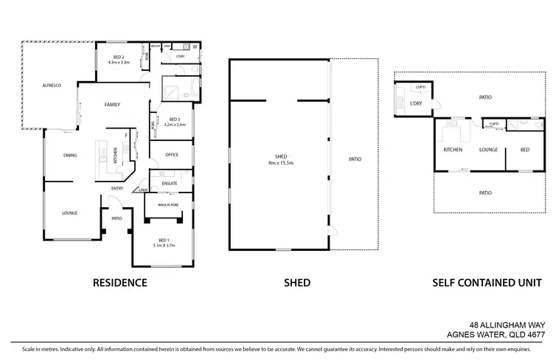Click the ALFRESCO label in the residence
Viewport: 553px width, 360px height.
point(51,86)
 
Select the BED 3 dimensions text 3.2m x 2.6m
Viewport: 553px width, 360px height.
point(175,125)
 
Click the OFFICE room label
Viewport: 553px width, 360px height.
point(172,155)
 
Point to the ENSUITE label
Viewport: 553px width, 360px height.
point(169,182)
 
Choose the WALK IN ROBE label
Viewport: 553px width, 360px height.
point(169,204)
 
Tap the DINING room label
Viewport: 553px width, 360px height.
point(70,155)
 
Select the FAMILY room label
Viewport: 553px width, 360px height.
point(113,104)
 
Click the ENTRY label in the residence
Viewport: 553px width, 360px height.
point(117,188)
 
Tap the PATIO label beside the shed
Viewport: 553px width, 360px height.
point(354,159)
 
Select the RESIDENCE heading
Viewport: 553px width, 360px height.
point(120,283)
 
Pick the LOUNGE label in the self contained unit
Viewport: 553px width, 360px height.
point(489,150)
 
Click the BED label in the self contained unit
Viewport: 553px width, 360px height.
point(524,150)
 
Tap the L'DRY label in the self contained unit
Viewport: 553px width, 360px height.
point(415,103)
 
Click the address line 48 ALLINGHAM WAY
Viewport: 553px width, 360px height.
point(505,324)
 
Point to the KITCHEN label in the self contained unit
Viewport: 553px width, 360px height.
point(453,150)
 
